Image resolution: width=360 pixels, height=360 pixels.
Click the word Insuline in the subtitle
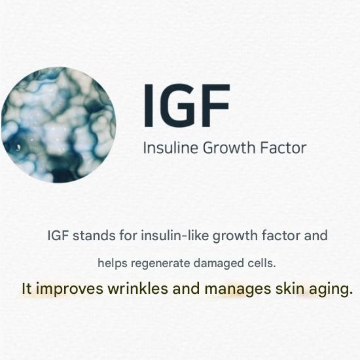167,148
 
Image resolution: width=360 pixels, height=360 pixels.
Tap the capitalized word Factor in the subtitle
281,148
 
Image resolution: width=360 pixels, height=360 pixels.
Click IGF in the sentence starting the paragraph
58,235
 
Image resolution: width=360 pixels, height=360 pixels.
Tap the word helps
112,263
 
